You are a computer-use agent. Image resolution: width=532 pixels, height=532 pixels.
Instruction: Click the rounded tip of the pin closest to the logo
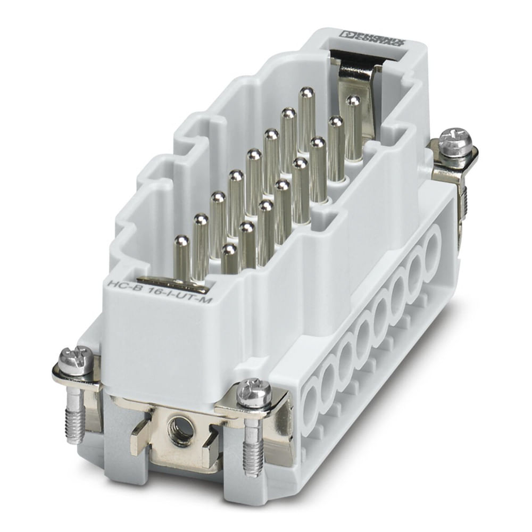(x=306, y=94)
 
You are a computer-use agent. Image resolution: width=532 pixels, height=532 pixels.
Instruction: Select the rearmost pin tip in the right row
(x=352, y=101)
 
